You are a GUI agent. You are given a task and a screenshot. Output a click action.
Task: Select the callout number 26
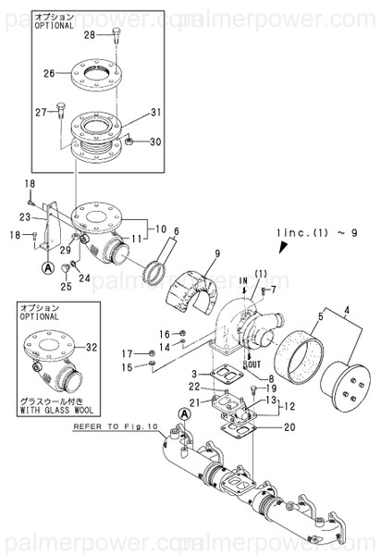point(50,70)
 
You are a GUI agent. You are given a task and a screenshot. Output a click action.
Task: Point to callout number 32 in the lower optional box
point(91,347)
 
